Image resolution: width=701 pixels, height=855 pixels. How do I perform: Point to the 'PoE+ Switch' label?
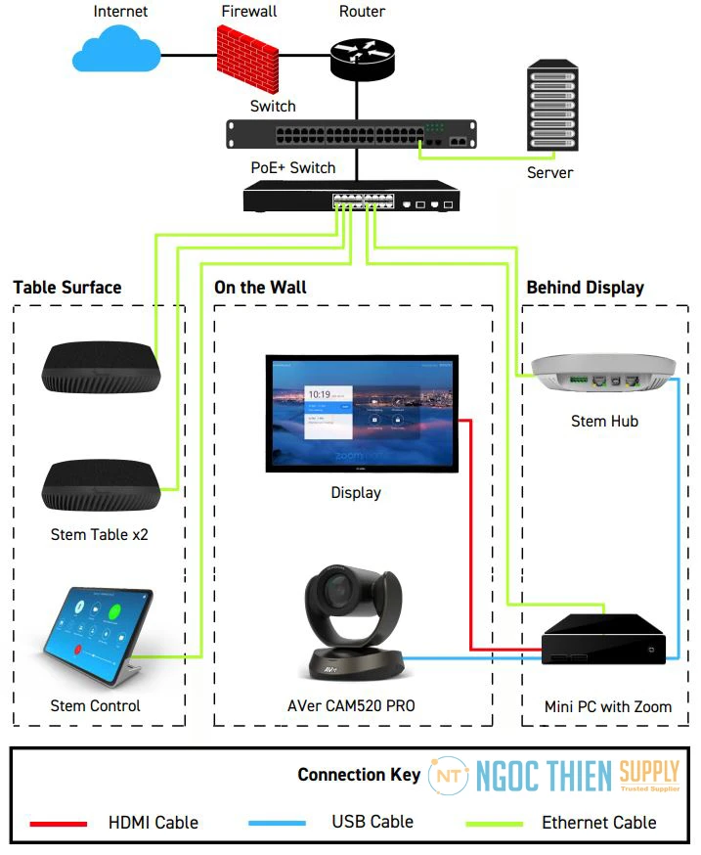(293, 167)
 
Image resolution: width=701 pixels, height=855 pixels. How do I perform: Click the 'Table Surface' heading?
(67, 288)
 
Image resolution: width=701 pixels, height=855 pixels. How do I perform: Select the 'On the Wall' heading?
(260, 288)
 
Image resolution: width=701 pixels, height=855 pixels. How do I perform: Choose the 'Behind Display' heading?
(585, 288)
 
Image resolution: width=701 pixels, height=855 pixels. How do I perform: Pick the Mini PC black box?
(604, 639)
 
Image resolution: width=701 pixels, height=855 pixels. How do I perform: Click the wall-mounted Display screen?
(361, 414)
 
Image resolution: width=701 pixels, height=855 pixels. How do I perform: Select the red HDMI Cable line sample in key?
(58, 823)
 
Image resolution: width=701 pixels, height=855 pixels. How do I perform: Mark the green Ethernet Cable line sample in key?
(489, 823)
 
